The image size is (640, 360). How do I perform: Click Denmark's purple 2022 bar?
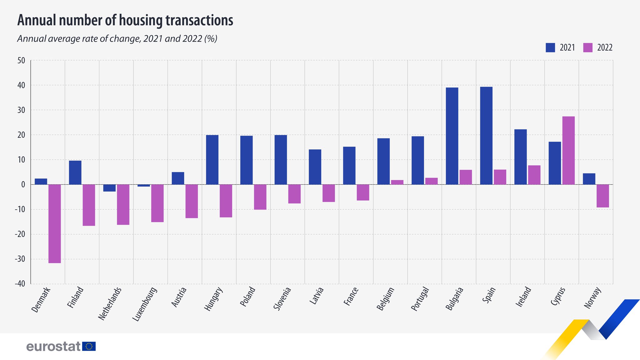55,224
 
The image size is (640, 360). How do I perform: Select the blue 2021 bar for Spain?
486,136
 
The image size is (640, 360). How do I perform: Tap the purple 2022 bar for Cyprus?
568,150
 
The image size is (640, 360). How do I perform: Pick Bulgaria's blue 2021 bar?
452,136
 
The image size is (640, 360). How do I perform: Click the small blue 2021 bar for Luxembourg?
144,186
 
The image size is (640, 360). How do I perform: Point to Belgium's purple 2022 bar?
397,182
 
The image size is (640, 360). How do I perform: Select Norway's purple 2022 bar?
603,196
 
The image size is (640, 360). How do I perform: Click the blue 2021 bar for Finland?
75,172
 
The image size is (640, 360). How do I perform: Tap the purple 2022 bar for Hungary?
226,201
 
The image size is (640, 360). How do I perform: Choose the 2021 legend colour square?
550,47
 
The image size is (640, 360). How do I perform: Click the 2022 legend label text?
605,48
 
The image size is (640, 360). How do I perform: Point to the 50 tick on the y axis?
21,61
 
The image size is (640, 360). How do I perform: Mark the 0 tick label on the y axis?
23,185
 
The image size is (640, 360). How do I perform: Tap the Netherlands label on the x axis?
110,303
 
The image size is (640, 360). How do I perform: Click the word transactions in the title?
199,20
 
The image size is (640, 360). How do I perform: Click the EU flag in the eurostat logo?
89,346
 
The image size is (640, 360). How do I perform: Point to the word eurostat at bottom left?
53,346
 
